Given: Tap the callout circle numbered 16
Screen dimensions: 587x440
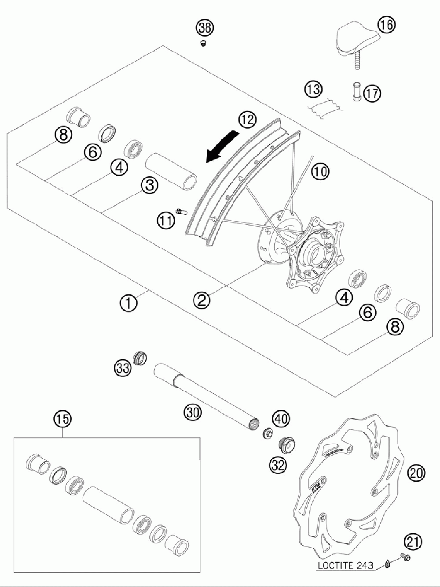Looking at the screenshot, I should (x=386, y=25).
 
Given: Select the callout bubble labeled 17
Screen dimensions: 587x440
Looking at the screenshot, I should (x=372, y=93).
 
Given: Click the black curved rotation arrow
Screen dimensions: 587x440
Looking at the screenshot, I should (x=223, y=146).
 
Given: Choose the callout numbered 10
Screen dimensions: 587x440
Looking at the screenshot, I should (x=321, y=171).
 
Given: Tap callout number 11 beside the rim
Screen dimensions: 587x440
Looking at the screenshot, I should (x=166, y=220).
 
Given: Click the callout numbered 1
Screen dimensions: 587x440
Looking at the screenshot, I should (x=128, y=303).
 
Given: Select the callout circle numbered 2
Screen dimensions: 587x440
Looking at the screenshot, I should (x=202, y=300).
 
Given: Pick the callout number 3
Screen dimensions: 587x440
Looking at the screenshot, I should (x=150, y=186).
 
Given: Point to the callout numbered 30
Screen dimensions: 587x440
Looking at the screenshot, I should (x=192, y=412).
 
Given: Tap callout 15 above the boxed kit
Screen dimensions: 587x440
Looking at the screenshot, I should (x=62, y=419).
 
